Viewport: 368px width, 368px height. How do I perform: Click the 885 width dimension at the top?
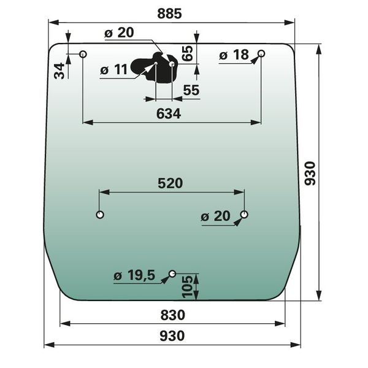pos(169,13)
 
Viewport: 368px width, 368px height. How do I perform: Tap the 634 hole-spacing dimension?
pos(169,114)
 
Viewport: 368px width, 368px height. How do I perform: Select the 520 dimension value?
pos(170,183)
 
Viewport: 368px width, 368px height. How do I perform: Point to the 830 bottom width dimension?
pos(173,315)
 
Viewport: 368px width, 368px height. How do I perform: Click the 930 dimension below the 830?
pos(172,336)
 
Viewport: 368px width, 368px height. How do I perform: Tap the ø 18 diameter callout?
pos(234,55)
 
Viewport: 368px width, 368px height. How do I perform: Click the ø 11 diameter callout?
pos(114,69)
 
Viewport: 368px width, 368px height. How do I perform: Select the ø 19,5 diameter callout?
pos(134,275)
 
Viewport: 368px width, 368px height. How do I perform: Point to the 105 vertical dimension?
pos(188,287)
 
